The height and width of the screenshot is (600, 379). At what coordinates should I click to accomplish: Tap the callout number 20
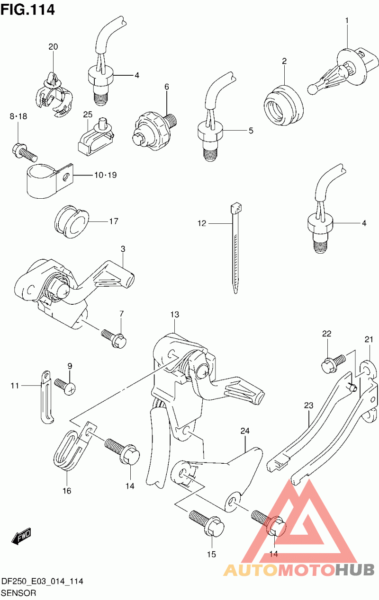click(x=53, y=46)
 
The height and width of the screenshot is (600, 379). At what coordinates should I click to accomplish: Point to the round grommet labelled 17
click(x=71, y=221)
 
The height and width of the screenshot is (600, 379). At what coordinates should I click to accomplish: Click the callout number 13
click(x=175, y=314)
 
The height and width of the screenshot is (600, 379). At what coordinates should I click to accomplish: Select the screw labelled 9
click(x=63, y=385)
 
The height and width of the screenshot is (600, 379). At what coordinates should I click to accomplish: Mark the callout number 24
click(x=244, y=431)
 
